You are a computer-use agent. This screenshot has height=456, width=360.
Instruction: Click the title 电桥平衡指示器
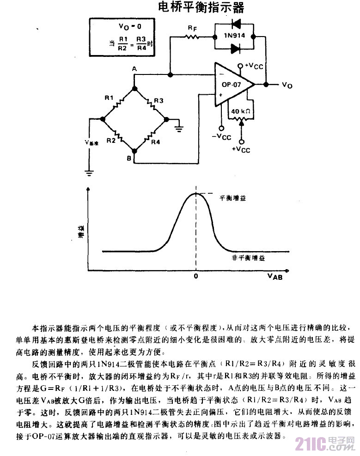(200, 8)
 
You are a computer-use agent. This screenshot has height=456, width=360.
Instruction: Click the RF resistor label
(191, 28)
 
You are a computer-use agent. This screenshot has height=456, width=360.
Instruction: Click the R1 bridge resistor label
(109, 98)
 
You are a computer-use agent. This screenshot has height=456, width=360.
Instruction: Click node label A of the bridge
(134, 69)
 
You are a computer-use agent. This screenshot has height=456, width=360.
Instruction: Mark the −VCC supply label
(221, 137)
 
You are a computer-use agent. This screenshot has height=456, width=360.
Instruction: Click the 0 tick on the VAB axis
(196, 276)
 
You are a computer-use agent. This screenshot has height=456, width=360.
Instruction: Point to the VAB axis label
(275, 277)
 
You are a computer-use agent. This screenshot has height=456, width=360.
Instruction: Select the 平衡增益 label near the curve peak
(232, 197)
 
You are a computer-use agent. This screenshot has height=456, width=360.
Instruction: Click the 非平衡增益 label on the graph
(248, 257)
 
